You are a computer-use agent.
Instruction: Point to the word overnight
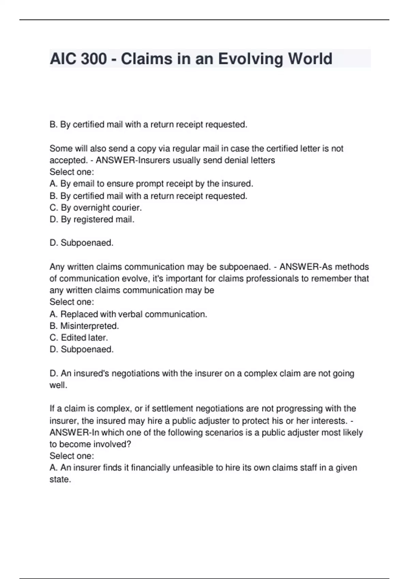tap(92, 208)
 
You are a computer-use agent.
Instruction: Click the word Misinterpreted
tap(89, 326)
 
